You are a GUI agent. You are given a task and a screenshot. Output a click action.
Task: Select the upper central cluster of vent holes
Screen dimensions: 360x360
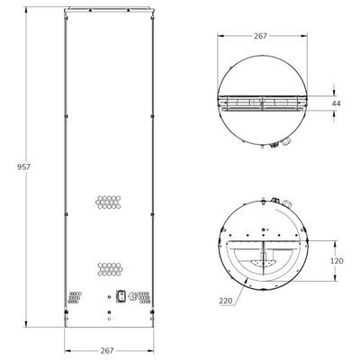coord(109,203)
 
